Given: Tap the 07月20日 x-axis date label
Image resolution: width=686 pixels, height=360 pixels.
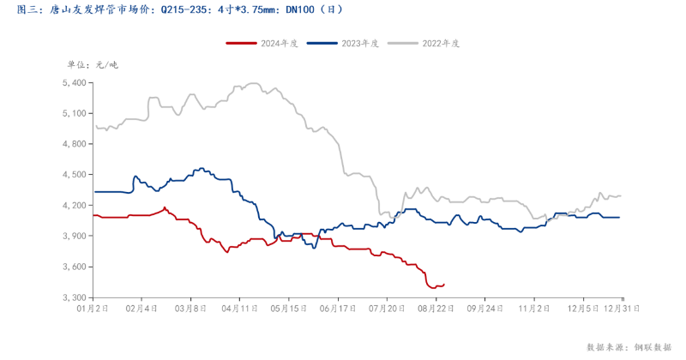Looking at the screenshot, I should (387, 306).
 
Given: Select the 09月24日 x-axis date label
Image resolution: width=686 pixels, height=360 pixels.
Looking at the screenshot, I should (483, 306).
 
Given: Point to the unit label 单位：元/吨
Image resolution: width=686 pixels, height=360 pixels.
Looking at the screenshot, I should (93, 64).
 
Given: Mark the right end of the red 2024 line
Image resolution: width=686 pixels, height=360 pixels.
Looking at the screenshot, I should (444, 284).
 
